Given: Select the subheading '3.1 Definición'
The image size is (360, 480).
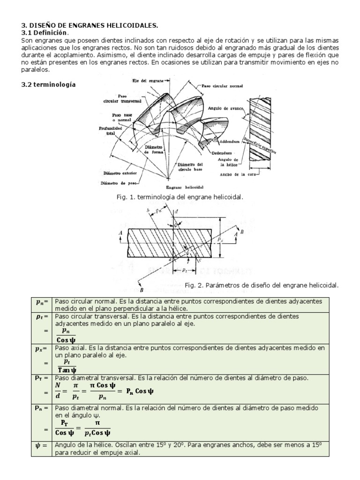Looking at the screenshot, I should tap(45, 33).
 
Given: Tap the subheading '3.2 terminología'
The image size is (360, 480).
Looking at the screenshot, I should tap(48, 85).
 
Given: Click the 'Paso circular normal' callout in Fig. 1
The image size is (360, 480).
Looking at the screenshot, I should tap(219, 87).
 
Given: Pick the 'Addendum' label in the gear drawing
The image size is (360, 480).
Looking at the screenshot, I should tap(230, 141).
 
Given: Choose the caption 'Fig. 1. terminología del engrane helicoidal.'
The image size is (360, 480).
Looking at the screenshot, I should tap(180, 198).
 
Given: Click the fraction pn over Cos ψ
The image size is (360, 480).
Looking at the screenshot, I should tap(65, 335).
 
